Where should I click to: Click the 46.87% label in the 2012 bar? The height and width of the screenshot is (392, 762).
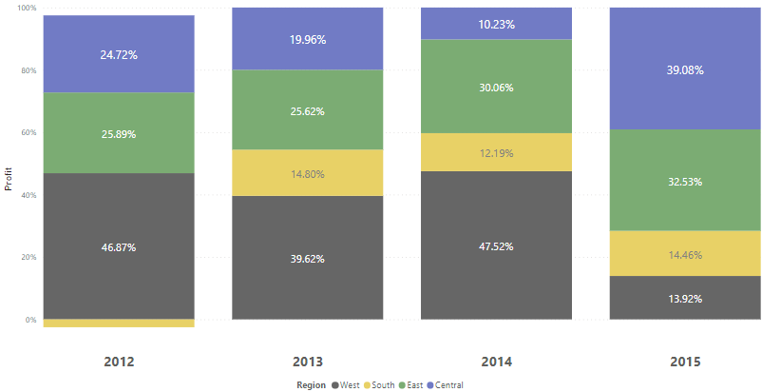119,247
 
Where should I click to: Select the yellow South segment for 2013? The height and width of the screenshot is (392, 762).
308,172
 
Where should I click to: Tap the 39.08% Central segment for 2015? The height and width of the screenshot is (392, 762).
684,69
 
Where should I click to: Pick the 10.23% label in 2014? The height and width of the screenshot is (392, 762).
496,25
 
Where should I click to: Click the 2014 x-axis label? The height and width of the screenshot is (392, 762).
496,362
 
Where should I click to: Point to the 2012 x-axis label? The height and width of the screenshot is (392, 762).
119,362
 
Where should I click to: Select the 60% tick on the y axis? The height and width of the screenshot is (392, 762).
28,132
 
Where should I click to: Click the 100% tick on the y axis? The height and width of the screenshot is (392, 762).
27,8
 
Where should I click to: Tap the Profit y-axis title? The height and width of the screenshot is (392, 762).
9,178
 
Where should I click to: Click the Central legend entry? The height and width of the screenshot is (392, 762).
446,384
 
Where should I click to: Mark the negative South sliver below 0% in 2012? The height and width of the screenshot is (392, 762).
119,323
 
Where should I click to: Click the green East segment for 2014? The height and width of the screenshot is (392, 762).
496,87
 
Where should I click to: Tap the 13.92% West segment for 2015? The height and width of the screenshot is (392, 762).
684,298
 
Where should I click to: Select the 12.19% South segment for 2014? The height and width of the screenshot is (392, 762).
496,152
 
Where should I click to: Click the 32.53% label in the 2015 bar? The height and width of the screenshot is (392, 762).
684,181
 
